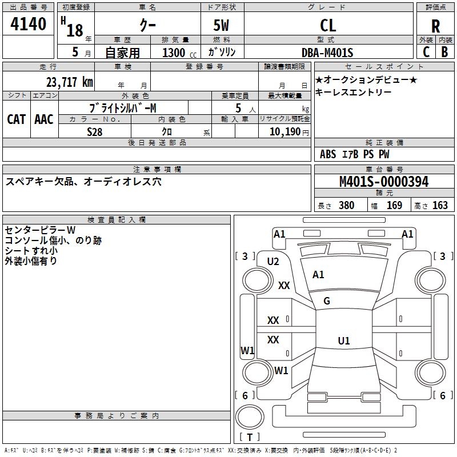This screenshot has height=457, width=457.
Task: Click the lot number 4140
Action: coord(28,24)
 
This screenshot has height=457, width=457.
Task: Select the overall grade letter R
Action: coord(435,26)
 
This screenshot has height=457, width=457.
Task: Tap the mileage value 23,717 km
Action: coord(69,82)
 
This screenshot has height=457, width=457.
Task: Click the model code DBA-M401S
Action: coord(327,53)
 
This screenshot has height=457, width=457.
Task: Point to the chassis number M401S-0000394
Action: coord(384,182)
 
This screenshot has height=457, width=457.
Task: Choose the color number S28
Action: coord(94,132)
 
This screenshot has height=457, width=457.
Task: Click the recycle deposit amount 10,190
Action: coord(284,131)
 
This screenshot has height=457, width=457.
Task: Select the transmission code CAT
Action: coord(17,119)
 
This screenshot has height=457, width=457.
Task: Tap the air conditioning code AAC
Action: coord(44,119)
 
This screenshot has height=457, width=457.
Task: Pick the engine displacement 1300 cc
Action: coord(179,53)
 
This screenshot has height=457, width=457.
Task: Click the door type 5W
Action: coord(221,25)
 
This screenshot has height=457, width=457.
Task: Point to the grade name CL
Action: coord(328,26)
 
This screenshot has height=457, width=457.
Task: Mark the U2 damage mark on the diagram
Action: coord(273,262)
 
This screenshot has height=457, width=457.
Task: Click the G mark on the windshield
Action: coord(327,301)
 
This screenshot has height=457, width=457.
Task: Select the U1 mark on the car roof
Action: coord(344,340)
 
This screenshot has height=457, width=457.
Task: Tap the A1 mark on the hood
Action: coord(318,274)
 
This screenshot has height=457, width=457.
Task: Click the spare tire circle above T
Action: coord(250,417)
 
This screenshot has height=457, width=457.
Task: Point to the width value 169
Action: coord(394,205)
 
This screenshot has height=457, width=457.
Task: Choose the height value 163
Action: coord(440,205)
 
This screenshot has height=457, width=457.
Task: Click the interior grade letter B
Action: coord(444,52)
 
